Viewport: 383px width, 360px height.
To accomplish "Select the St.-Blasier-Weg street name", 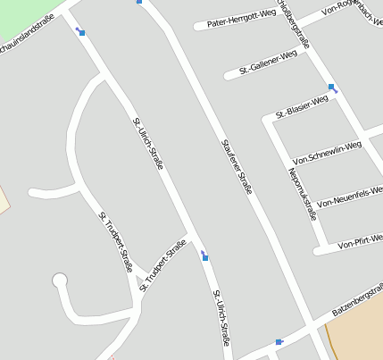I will pos(303,106).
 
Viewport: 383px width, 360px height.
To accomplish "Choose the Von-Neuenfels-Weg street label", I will pos(350,197).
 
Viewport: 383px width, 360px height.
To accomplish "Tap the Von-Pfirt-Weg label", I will pos(360,239).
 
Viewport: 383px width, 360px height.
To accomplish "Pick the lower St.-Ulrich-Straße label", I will pos(221,318).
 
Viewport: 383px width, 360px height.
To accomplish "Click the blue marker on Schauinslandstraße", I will pos(82,33).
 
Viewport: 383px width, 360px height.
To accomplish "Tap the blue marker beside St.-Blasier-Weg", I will pos(333,88).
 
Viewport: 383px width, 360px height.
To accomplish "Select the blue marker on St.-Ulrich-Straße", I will pos(206,257).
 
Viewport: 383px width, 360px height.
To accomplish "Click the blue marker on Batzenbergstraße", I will pos(279,341).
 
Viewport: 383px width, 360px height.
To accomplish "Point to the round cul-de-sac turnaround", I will pos(60,280).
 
